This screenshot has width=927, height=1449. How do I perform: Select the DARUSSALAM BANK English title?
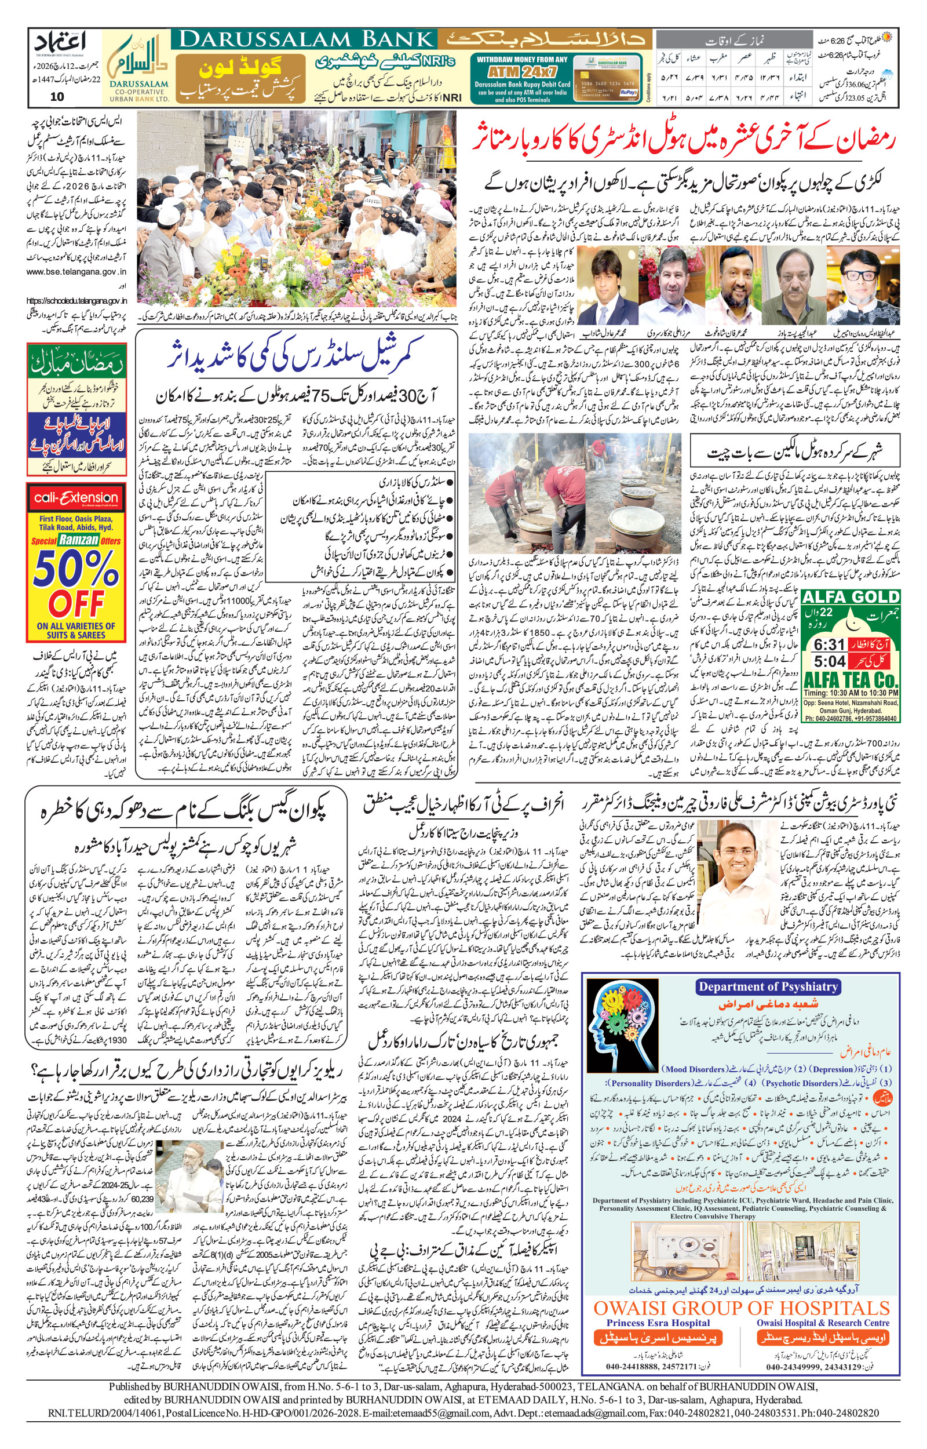click(x=307, y=40)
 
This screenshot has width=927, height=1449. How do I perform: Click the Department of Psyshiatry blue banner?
click(x=768, y=986)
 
